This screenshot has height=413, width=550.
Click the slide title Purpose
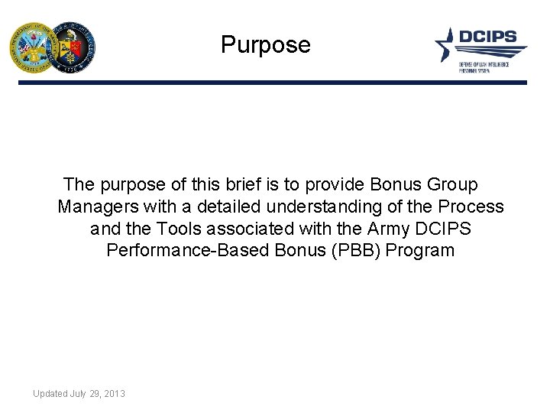point(266,45)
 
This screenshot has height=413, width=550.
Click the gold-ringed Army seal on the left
point(31,47)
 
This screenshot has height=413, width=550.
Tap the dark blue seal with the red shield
point(71,47)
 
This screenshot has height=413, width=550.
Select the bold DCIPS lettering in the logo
point(487,37)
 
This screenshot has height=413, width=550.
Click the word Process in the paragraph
point(471,206)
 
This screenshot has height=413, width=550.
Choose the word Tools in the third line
point(176,229)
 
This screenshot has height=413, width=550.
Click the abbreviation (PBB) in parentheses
point(355,250)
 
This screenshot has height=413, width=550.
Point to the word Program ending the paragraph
point(421,250)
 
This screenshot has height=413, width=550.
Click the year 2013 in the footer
point(114,394)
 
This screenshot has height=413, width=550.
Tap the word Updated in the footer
point(50,394)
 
